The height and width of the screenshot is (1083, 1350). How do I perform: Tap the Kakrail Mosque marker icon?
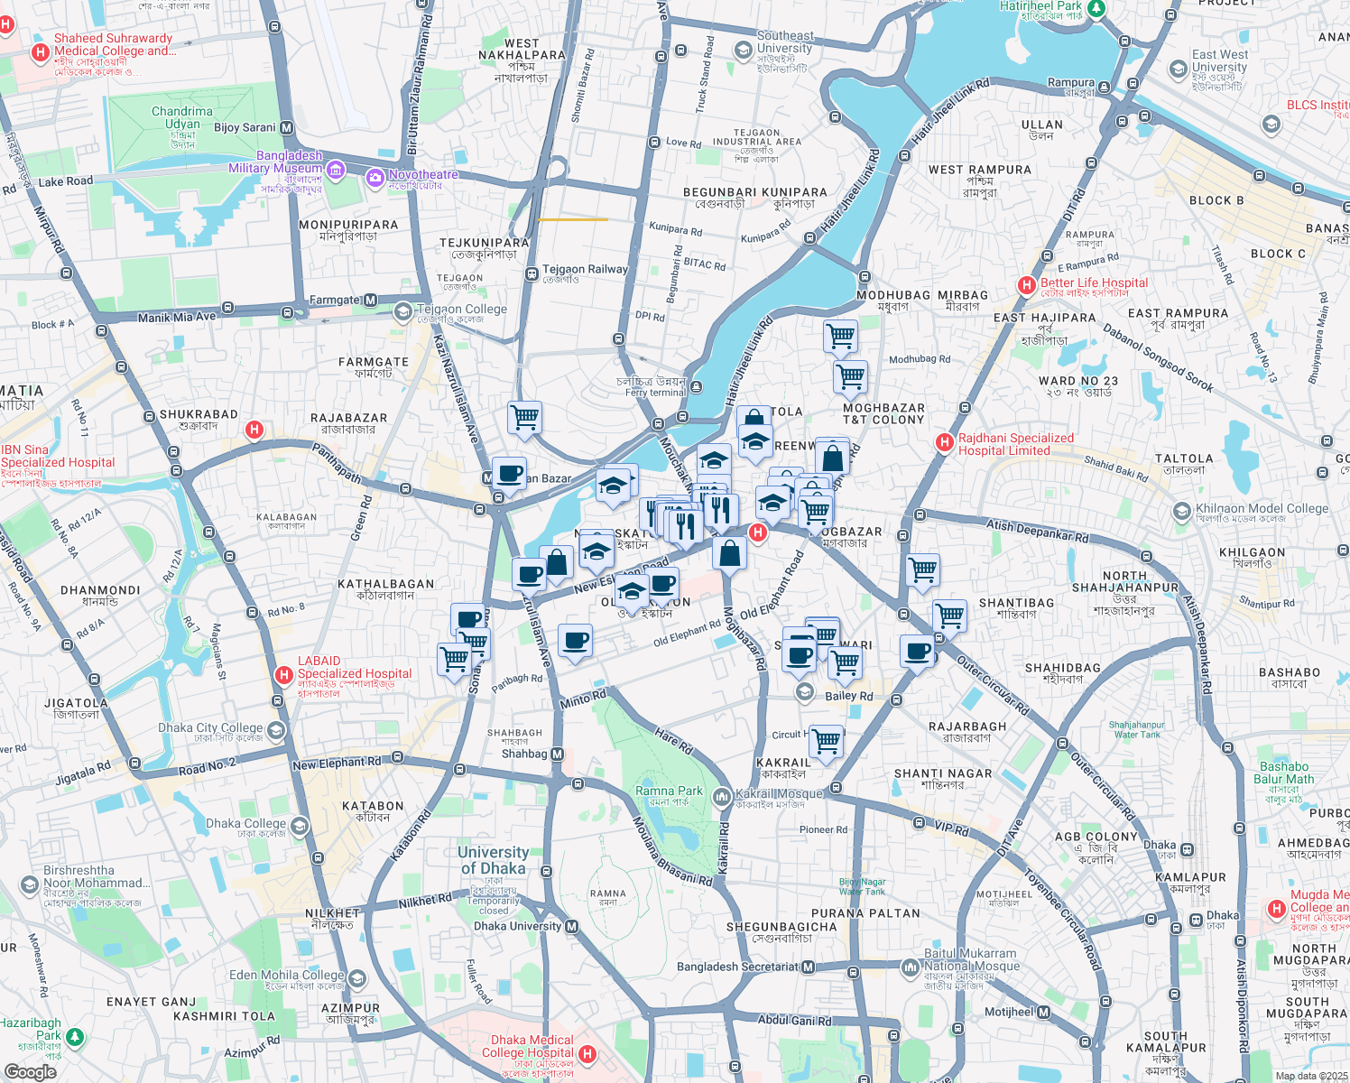pyautogui.click(x=721, y=796)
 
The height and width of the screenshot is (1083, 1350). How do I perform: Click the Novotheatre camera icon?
pyautogui.click(x=374, y=179)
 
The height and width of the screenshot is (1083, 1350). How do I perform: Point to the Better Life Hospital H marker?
pyautogui.click(x=1026, y=285)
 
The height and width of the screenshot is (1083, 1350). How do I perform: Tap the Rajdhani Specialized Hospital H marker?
pyautogui.click(x=944, y=442)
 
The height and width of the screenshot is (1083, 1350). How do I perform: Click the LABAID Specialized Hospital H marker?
pyautogui.click(x=284, y=674)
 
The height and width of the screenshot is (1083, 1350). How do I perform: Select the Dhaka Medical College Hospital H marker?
pyautogui.click(x=587, y=1053)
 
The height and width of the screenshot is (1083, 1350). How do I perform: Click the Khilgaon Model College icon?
pyautogui.click(x=1181, y=513)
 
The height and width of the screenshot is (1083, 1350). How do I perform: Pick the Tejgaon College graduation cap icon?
pyautogui.click(x=403, y=312)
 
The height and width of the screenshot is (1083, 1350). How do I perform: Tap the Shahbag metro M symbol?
pyautogui.click(x=557, y=754)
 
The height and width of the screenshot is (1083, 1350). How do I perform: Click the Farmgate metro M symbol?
pyautogui.click(x=370, y=300)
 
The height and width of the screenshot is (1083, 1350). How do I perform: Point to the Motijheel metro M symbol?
pyautogui.click(x=1044, y=1012)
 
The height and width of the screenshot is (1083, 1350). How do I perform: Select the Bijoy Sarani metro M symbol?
pyautogui.click(x=287, y=128)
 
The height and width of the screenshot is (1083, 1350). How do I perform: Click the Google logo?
pyautogui.click(x=30, y=1072)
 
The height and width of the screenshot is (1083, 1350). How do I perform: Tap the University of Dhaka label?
pyautogui.click(x=493, y=860)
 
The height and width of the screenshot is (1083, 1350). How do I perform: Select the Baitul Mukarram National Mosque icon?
pyautogui.click(x=910, y=967)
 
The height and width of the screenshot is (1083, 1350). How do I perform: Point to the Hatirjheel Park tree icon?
pyautogui.click(x=1096, y=8)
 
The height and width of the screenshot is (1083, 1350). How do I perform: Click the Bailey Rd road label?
pyautogui.click(x=849, y=696)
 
